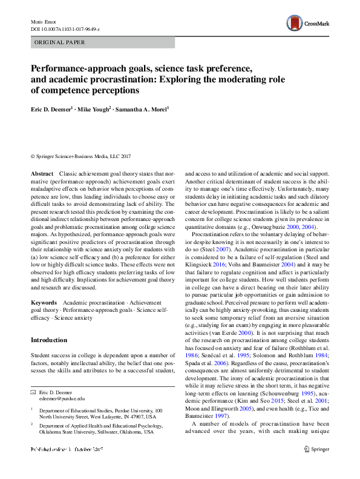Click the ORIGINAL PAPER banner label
coord(59,42)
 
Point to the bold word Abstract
coord(42,173)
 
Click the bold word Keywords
coord(44,302)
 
